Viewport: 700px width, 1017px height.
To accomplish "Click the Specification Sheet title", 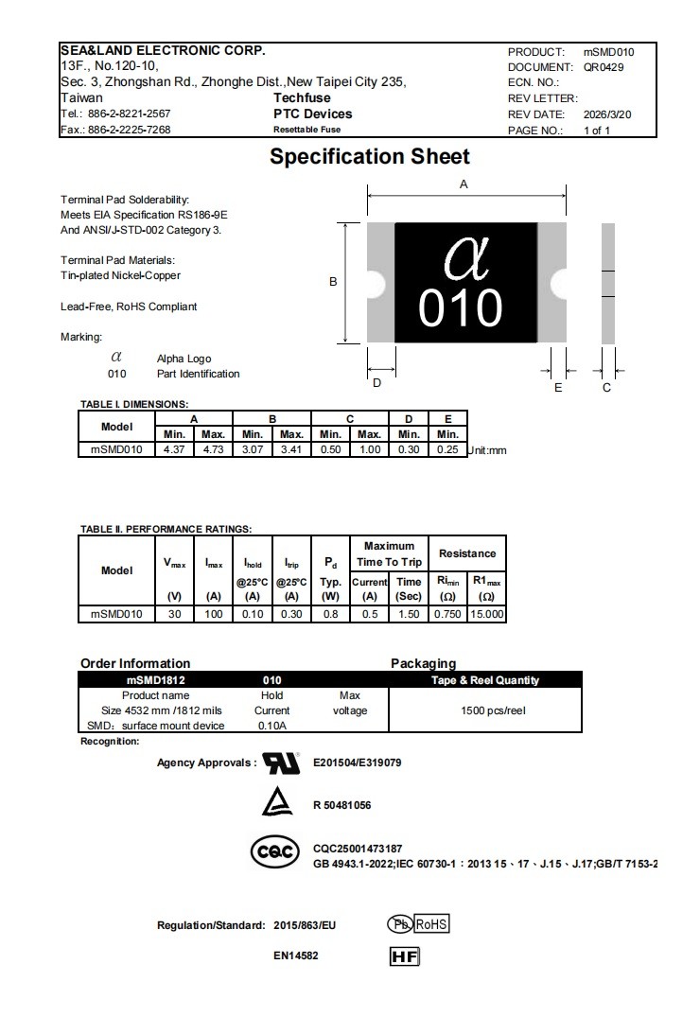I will point(370,157).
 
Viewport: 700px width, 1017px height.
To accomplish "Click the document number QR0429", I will point(604,67).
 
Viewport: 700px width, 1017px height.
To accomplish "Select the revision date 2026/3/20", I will point(607,114).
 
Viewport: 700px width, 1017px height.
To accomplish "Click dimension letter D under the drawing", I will point(376,383).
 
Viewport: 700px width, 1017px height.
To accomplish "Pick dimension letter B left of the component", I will point(333,281).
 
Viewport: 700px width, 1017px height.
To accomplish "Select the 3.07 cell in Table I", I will point(252,449).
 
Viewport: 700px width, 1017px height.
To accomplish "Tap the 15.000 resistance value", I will point(487,614).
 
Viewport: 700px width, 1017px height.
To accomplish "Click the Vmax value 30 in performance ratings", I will point(174,614).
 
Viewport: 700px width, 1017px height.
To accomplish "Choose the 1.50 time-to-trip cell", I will point(409,614).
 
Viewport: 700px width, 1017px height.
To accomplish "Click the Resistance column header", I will point(467,553).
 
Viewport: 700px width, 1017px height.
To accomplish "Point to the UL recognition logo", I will point(281,763).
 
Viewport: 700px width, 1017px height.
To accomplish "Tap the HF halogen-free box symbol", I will point(404,956).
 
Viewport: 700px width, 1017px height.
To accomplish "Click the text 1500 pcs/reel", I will point(493,710).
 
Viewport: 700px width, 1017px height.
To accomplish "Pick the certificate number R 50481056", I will point(341,805).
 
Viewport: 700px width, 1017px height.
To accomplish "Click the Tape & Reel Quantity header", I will point(485,680).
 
